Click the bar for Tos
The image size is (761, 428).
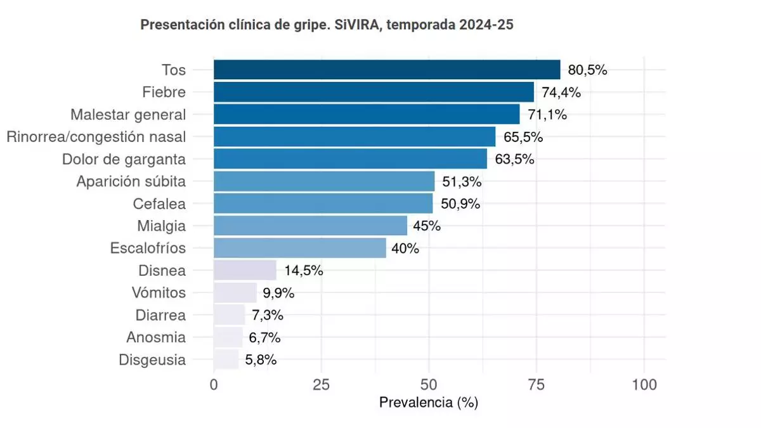(x=387, y=70)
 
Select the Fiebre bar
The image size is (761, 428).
(x=374, y=92)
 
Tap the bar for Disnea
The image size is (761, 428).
(x=245, y=270)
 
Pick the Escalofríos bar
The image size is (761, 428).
(x=300, y=248)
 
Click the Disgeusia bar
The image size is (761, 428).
(x=226, y=360)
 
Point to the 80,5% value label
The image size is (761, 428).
(x=587, y=70)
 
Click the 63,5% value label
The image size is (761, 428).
(x=514, y=159)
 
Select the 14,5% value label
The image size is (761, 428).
(x=304, y=270)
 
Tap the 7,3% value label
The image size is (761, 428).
(x=266, y=315)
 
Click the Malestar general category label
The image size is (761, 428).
(x=128, y=115)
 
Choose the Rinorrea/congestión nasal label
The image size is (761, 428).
(x=96, y=137)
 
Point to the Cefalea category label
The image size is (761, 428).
(x=159, y=204)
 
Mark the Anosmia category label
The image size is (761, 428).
(x=156, y=337)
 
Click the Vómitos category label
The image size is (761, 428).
(x=159, y=293)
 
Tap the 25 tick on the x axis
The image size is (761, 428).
(x=322, y=384)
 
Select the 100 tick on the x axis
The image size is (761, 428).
(x=644, y=384)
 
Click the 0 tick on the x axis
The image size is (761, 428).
(x=214, y=384)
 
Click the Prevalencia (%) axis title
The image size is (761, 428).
(x=428, y=403)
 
